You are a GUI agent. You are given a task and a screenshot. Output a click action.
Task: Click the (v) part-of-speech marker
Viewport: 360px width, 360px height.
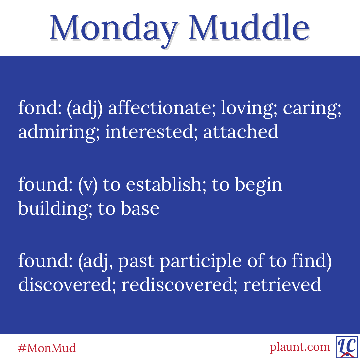(88, 186)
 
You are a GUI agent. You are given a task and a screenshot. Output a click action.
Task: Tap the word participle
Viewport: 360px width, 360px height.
(200, 262)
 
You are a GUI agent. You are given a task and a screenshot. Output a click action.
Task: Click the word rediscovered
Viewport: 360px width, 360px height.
(177, 284)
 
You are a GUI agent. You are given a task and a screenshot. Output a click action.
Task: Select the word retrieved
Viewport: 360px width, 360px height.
(282, 284)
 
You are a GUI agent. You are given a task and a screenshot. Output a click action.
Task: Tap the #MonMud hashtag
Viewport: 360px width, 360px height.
(47, 348)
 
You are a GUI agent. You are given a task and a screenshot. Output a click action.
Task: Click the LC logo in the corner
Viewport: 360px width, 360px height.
(347, 347)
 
